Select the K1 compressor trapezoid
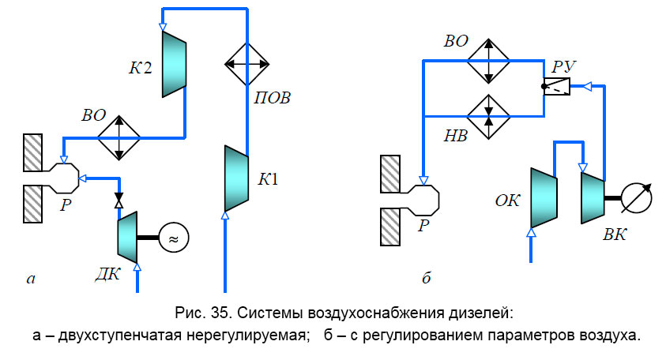pos(237,178)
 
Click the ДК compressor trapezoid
pos(127,236)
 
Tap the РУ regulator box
pos(559,88)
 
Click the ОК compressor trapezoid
pos(543,193)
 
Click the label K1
pos(269,178)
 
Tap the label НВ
pos(456,136)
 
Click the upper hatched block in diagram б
pos(393,173)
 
